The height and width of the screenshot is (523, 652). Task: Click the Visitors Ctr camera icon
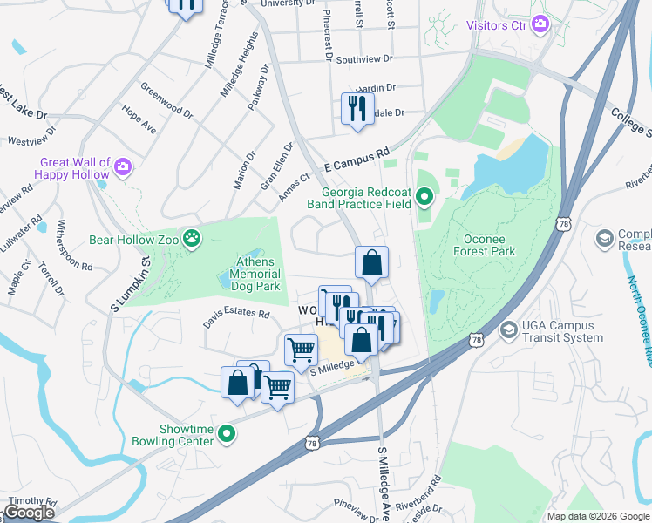click(540, 24)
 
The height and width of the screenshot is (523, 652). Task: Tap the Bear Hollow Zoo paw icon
click(191, 237)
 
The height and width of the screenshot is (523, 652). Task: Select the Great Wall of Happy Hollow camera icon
click(123, 166)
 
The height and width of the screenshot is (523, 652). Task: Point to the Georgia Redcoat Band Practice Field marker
click(424, 198)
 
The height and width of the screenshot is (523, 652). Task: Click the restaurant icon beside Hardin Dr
click(357, 108)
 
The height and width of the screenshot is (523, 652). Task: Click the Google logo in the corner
click(29, 513)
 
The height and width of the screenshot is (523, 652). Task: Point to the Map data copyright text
click(597, 516)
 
